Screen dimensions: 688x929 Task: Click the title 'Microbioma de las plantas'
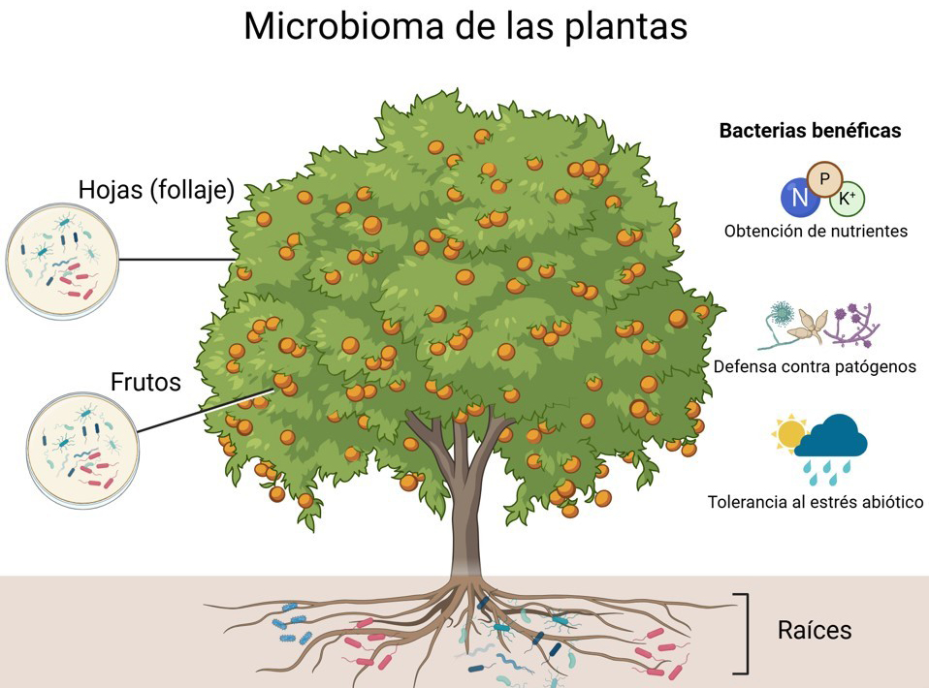(464, 26)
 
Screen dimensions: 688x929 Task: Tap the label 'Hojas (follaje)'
(157, 189)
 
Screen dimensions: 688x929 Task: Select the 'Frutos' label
(145, 382)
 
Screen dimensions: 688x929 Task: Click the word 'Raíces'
(815, 630)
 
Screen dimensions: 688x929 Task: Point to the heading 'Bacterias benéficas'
(810, 130)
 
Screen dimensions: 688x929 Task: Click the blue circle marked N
(799, 198)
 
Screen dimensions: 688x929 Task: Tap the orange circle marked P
(825, 179)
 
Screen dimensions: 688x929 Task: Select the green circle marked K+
(847, 199)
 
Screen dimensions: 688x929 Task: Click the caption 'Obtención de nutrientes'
(816, 232)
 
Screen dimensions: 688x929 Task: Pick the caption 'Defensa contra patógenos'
(815, 367)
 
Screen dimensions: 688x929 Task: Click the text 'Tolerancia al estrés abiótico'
(816, 503)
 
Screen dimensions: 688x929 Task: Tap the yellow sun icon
(790, 433)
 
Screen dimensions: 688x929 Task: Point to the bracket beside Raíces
(743, 632)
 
